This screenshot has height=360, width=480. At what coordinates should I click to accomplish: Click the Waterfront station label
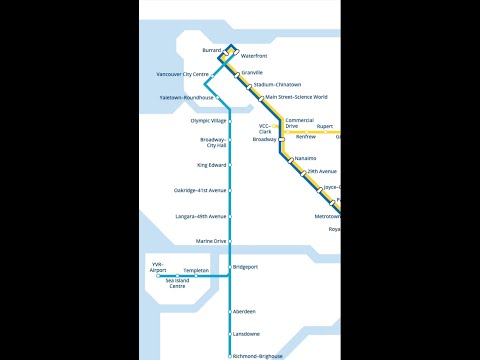click(254, 56)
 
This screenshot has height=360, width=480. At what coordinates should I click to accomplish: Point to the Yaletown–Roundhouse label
click(186, 97)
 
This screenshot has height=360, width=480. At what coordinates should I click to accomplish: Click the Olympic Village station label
click(208, 120)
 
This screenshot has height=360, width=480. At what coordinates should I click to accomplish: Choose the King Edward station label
click(211, 164)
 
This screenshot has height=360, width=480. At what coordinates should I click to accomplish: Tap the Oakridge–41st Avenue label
click(200, 190)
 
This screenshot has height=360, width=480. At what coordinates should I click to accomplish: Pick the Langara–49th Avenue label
click(200, 216)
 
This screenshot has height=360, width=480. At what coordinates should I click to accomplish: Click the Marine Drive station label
click(211, 241)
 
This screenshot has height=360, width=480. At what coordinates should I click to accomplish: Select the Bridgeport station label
click(246, 267)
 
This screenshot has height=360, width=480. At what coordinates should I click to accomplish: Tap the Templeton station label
click(196, 271)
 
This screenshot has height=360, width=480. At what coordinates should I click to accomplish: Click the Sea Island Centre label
click(176, 284)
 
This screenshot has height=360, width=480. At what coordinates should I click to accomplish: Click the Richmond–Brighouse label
click(257, 356)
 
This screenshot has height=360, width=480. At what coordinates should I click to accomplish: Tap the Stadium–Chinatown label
click(278, 86)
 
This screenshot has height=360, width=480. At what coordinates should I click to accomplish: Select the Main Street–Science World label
click(296, 98)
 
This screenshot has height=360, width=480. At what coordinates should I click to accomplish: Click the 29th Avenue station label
click(322, 172)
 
